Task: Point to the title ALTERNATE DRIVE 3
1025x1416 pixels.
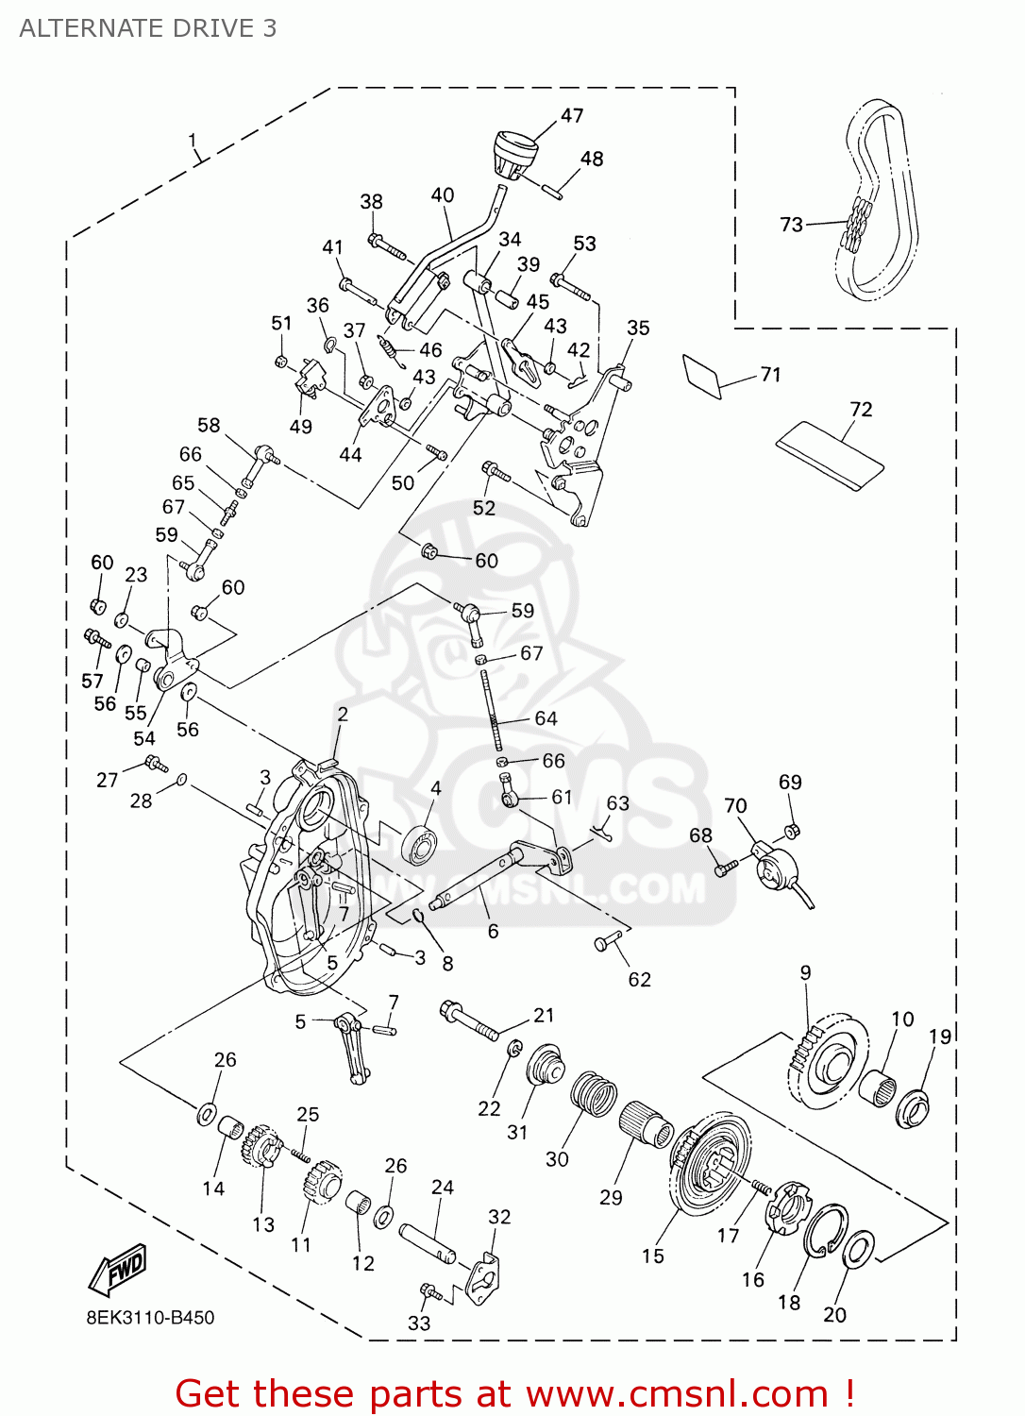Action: [148, 28]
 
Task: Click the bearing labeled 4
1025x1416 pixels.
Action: [418, 843]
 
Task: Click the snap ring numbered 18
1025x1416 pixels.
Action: [825, 1231]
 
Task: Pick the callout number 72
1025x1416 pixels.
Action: [861, 409]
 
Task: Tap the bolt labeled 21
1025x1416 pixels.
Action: [468, 1021]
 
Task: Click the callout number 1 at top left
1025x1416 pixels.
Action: [193, 141]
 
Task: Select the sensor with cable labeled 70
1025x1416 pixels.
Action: [779, 867]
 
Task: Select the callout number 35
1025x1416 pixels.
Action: [638, 328]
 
